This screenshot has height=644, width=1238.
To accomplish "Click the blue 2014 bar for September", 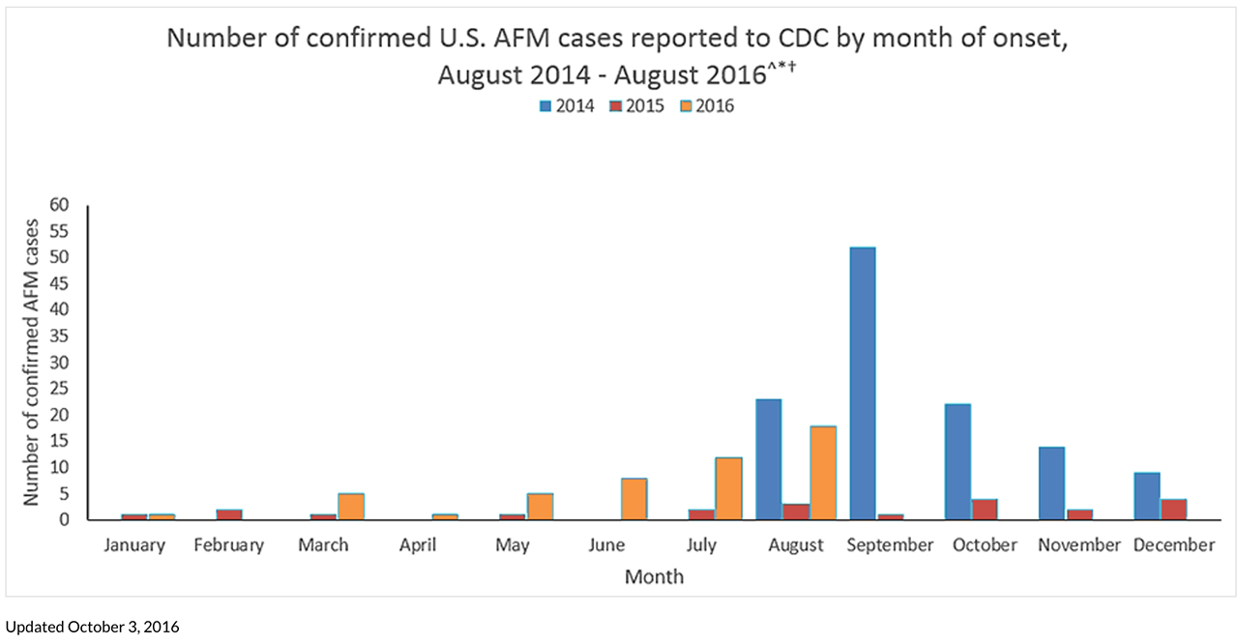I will [862, 384].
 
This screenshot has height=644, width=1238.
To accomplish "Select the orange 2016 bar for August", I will [823, 473].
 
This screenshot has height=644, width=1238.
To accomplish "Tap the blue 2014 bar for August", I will [768, 459].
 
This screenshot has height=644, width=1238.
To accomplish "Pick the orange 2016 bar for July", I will [728, 488].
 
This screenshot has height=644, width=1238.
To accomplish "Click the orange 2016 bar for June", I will [634, 499].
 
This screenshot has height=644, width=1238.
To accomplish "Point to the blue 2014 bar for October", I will [958, 462].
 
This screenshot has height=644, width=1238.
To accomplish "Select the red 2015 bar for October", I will [984, 510].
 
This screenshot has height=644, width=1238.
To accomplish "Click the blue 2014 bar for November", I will [1051, 483].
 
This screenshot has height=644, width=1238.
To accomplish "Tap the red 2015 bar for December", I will [1173, 510].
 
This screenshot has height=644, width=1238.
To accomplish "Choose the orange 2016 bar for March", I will [350, 507].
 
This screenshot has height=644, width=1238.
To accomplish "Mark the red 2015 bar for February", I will [229, 514].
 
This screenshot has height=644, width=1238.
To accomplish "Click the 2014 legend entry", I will [567, 106].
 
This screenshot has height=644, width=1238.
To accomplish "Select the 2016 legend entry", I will [706, 106].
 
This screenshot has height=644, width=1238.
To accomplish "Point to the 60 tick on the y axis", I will [60, 205].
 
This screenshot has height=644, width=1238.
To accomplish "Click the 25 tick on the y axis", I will [60, 389].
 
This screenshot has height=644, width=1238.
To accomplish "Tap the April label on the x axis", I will [418, 545].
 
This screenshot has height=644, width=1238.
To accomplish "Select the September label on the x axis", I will [890, 545].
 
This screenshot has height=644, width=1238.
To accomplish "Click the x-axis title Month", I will [654, 577].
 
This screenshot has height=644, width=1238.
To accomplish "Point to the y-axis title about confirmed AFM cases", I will [31, 362].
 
